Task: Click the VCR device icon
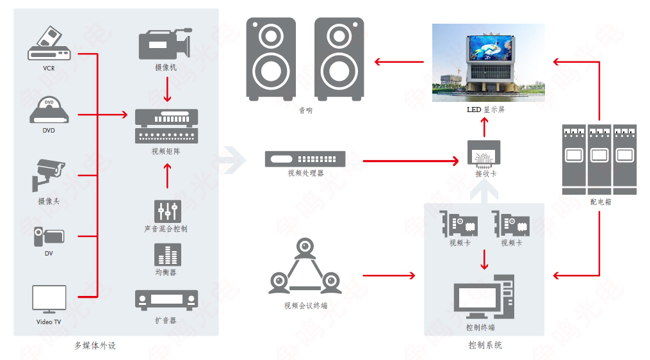point(49,44)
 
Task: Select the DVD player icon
point(49,110)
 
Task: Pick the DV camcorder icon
point(49,236)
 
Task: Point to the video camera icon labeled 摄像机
point(165,44)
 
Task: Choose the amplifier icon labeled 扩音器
point(167,299)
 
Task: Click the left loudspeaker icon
point(271,59)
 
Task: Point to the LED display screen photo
point(488,63)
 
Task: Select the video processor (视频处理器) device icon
point(305,159)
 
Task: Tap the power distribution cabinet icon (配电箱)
point(599,159)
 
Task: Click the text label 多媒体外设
point(95,346)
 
